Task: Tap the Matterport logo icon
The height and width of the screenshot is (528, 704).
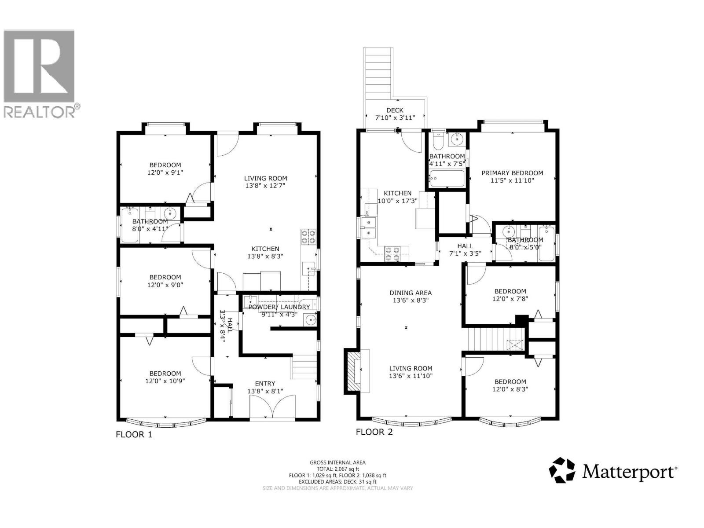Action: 562,470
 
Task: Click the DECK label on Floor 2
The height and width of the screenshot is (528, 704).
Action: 395,110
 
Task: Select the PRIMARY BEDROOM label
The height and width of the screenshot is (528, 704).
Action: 512,173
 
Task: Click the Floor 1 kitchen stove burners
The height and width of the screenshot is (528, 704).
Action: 308,237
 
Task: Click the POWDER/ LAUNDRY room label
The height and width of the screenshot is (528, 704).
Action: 279,307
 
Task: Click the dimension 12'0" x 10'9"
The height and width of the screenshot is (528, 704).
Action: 165,381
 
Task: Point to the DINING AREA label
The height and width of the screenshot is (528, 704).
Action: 411,293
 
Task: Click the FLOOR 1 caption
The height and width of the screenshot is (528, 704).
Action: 134,435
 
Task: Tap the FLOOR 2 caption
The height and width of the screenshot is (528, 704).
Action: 374,432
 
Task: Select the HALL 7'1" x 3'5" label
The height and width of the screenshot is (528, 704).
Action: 465,249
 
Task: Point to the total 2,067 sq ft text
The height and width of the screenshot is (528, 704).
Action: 337,469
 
